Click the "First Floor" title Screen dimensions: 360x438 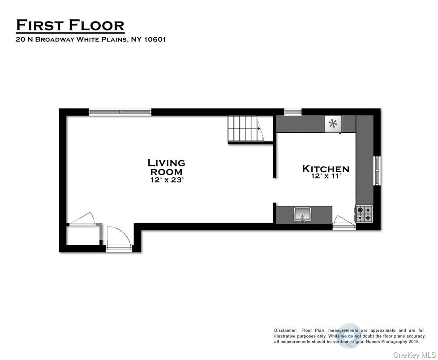tap(70, 25)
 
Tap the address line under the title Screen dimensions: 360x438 tap(91, 39)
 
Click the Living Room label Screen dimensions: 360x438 tap(166, 167)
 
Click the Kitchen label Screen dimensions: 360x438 tap(326, 169)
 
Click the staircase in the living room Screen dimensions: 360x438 tap(245, 129)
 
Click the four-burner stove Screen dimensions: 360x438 tap(364, 213)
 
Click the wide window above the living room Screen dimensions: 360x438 tap(120, 112)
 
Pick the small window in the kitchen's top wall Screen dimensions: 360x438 tap(292, 111)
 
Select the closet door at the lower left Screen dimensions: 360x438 tap(82, 219)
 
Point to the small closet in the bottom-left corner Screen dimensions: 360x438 tap(83, 236)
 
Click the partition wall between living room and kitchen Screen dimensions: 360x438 tap(274, 159)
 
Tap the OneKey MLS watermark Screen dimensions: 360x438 tap(414, 355)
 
